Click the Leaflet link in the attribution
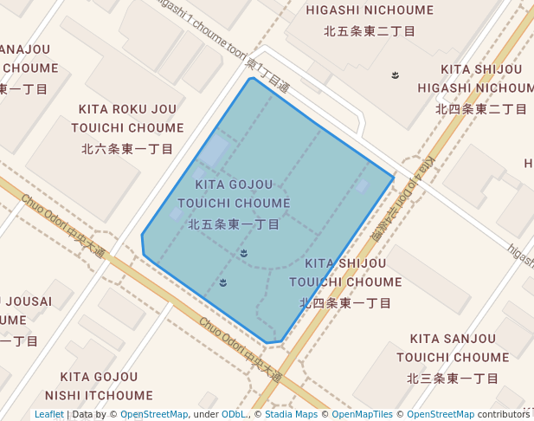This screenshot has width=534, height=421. (48, 415)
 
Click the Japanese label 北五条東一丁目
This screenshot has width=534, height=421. (234, 224)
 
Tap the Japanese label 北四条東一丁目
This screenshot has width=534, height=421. (345, 303)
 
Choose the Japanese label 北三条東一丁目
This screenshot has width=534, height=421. (453, 379)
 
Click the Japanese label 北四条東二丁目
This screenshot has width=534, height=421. (481, 109)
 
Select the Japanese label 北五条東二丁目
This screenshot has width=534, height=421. (370, 31)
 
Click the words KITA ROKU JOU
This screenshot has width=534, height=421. (127, 109)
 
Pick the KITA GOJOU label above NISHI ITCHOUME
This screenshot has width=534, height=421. (99, 377)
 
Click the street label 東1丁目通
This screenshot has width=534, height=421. (267, 75)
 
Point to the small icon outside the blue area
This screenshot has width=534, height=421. (396, 75)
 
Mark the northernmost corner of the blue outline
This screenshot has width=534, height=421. (251, 79)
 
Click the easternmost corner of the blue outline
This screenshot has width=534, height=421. (394, 178)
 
